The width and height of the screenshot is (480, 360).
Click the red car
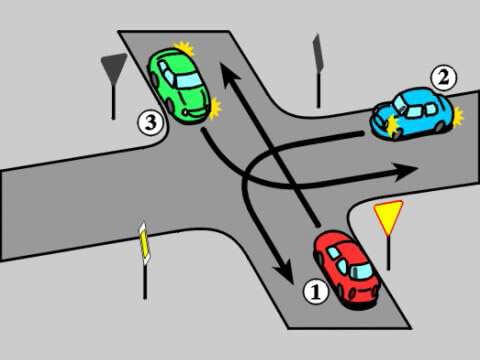pos(348,267)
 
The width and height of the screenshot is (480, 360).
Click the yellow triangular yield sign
pos(388,217)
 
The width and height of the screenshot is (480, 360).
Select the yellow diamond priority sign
pos(146,242)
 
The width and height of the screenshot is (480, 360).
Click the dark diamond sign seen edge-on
pos(318,50)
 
